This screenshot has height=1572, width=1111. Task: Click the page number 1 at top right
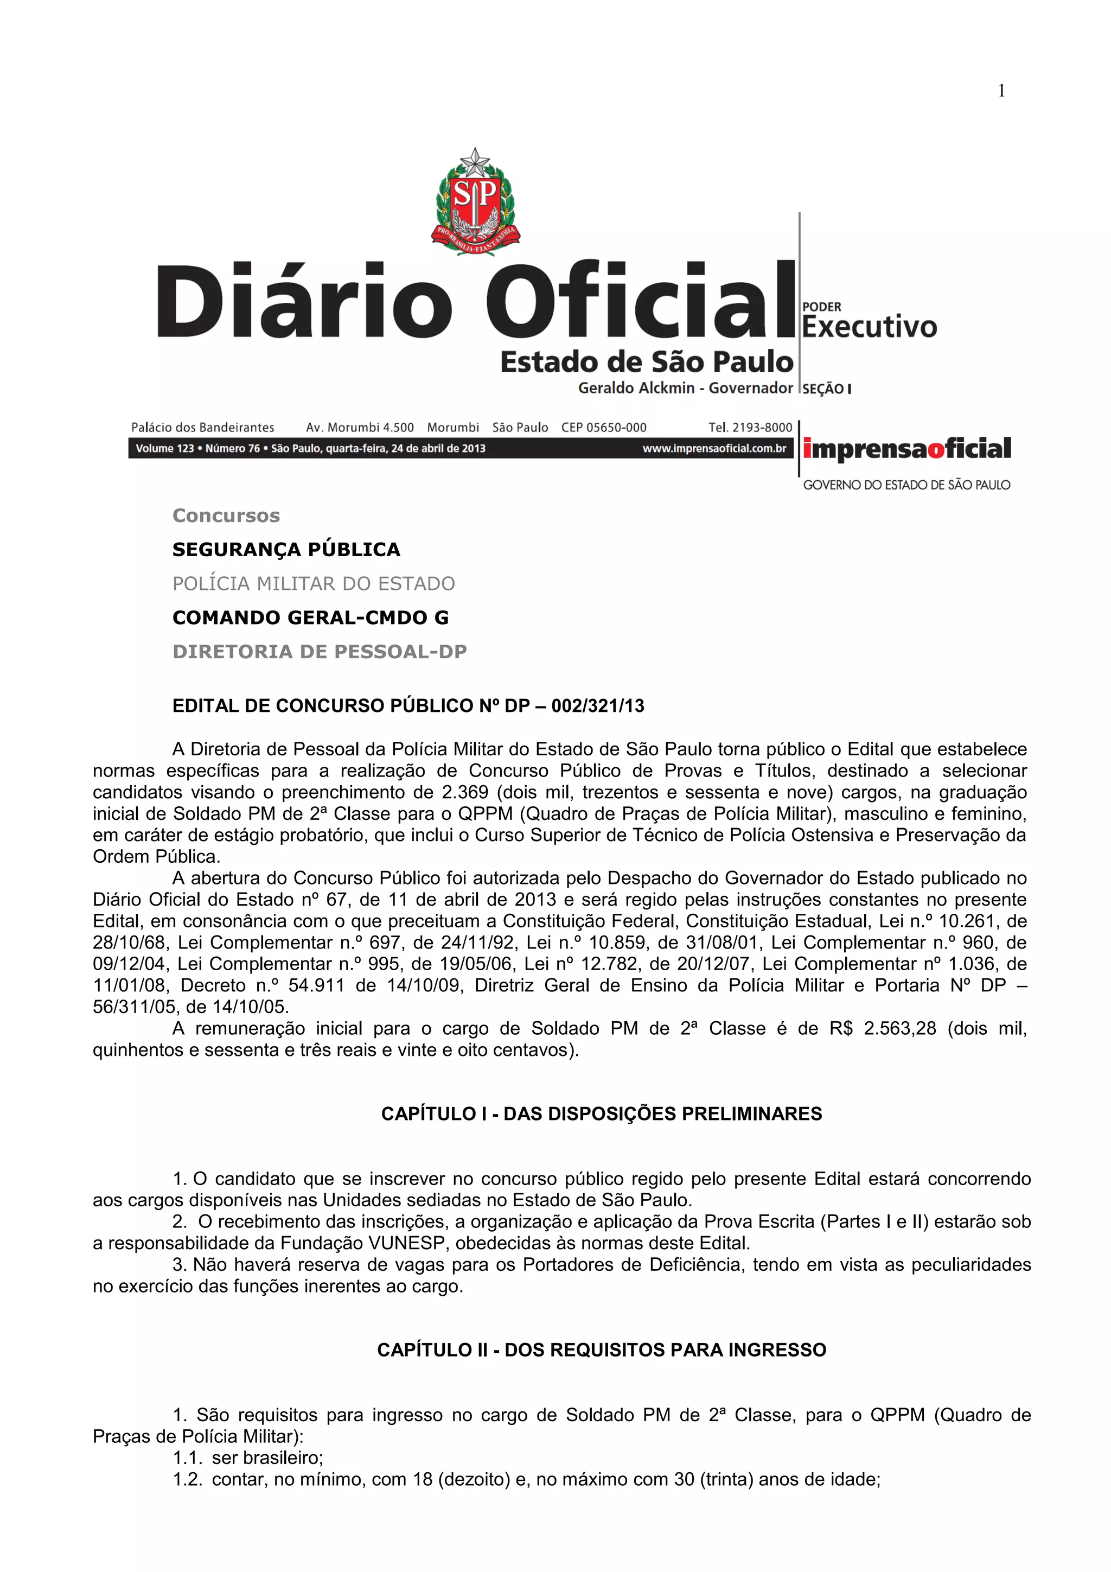click(1001, 91)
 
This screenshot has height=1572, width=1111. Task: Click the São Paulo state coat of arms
click(475, 201)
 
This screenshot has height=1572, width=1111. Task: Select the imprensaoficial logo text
click(907, 449)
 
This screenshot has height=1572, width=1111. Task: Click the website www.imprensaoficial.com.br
click(714, 448)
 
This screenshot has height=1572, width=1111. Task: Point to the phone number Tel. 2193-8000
click(750, 427)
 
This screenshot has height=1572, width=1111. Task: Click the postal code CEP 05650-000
click(604, 427)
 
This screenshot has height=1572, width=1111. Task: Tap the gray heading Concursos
click(226, 515)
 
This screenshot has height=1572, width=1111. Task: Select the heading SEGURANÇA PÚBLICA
click(286, 550)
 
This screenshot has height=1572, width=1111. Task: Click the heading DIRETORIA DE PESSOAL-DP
click(320, 652)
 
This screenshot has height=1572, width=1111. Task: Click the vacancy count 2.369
click(465, 792)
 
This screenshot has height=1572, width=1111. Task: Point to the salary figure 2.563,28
click(899, 1028)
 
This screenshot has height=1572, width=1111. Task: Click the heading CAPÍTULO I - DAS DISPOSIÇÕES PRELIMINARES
click(602, 1114)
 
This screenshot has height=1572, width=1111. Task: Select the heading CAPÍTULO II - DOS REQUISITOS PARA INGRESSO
click(602, 1350)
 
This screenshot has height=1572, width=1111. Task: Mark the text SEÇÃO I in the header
click(826, 389)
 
